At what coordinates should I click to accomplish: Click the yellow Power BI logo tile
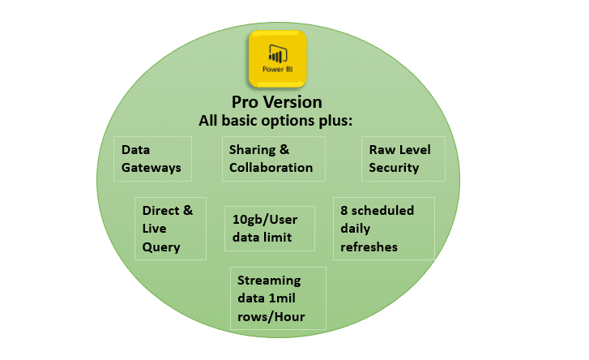click(278, 59)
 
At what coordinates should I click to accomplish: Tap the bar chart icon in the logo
click(278, 54)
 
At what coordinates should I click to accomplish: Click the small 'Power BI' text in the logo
click(278, 69)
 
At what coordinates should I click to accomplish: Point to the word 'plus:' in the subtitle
click(336, 121)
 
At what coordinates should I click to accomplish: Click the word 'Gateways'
click(151, 168)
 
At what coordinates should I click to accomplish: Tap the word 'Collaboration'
click(271, 168)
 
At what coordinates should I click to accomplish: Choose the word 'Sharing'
click(253, 150)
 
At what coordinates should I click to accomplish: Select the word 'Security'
click(394, 168)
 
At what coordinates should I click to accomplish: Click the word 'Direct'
click(160, 211)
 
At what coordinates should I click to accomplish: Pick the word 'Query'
click(161, 247)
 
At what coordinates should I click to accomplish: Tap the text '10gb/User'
click(265, 220)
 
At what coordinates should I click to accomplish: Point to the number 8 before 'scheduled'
click(344, 211)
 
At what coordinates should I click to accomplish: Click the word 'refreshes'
click(369, 246)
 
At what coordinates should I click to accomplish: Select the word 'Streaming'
click(269, 281)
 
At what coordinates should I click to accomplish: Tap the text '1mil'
click(282, 298)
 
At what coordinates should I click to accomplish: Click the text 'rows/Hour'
click(271, 317)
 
